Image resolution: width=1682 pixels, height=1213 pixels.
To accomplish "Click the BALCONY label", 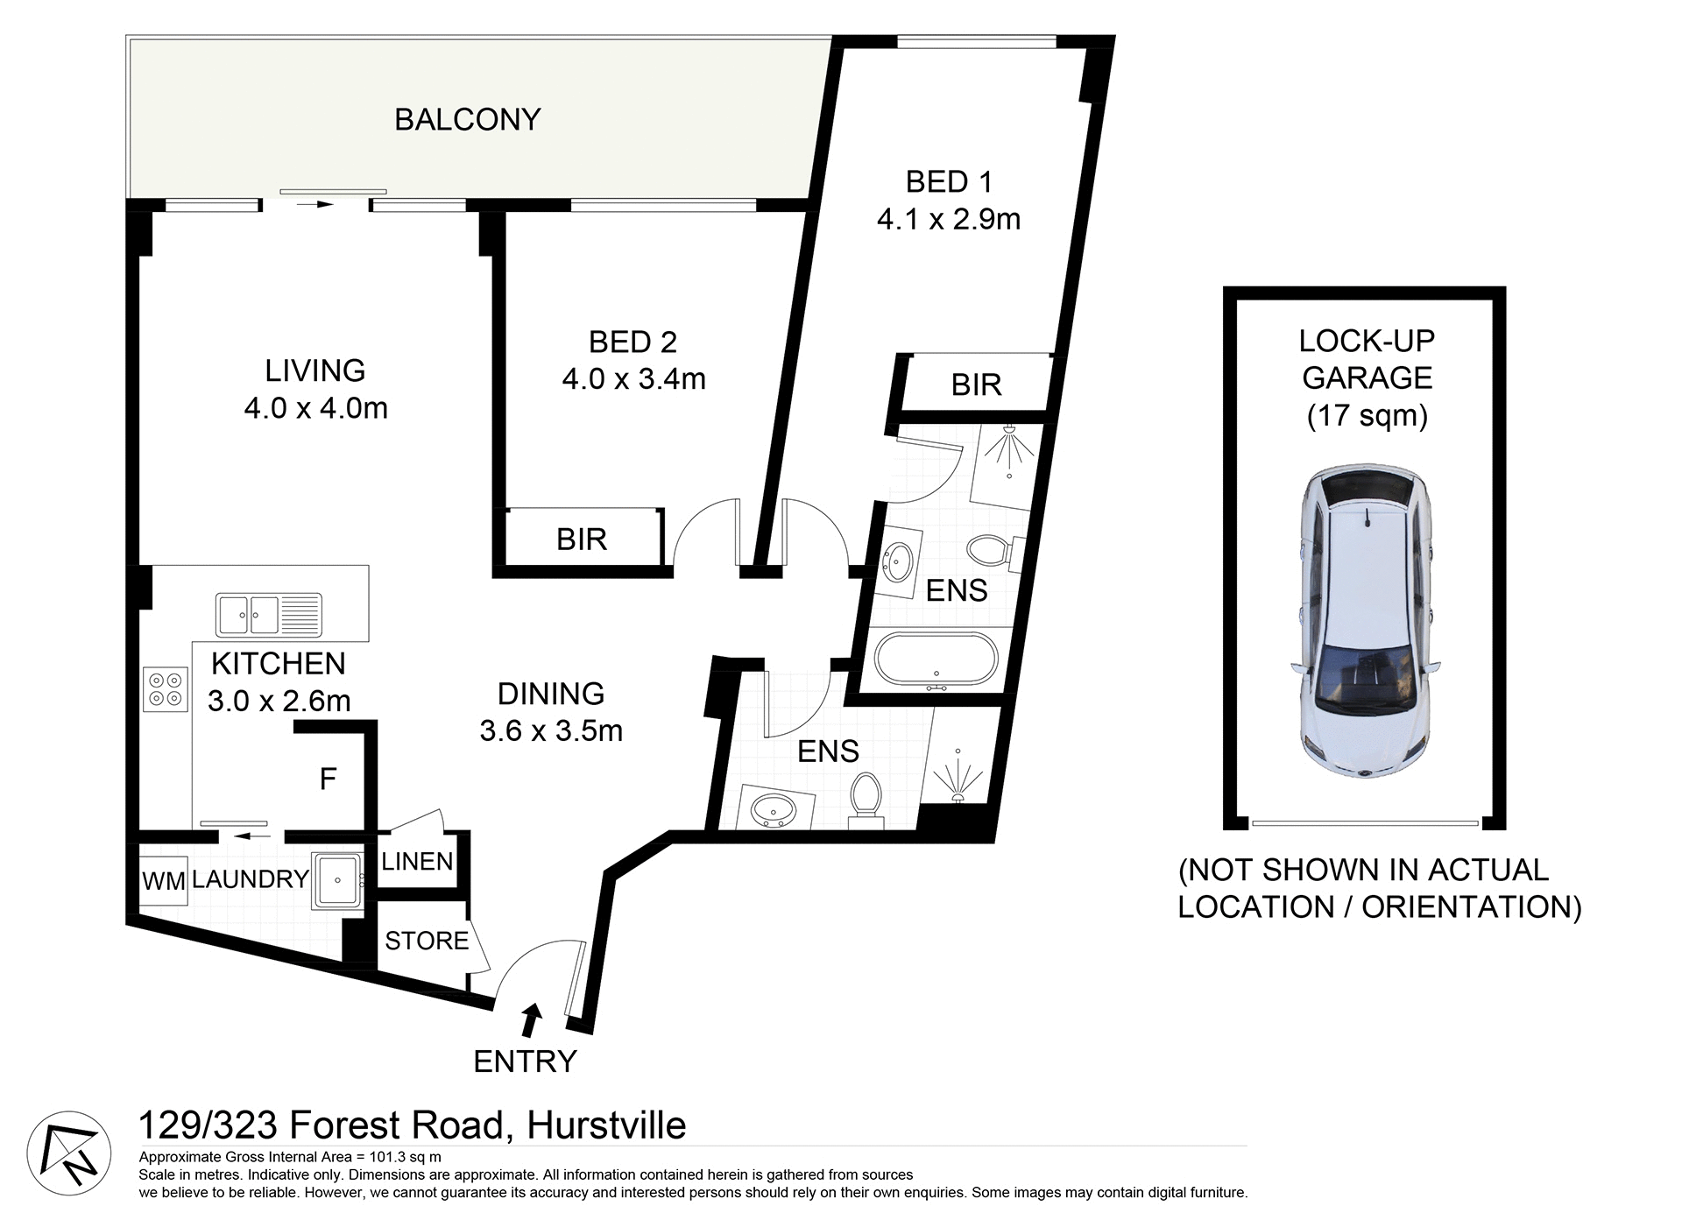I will pos(467,120).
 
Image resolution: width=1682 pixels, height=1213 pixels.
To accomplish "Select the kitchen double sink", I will pos(268,615).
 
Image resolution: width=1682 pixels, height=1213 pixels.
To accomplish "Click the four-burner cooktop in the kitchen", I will pos(166,688).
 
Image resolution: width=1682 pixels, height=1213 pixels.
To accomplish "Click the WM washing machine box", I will pos(164,881).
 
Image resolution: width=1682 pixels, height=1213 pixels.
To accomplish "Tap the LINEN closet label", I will pos(417,862).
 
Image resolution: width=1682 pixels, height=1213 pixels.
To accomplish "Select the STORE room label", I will pos(427,941).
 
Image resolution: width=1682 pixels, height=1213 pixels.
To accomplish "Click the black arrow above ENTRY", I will pos(531,1019).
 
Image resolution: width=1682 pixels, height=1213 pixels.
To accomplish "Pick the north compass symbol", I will pos(68,1153).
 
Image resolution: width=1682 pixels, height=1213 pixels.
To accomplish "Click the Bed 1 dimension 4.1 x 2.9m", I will pos(949,219).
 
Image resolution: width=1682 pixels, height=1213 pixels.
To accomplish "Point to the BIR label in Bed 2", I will pos(581,540).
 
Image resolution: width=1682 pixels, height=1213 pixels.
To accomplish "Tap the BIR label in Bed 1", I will pos(976,385).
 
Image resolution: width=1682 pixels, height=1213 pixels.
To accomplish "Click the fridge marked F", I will pos(329,779).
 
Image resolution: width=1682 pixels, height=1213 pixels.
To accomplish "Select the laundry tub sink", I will pos(337,879).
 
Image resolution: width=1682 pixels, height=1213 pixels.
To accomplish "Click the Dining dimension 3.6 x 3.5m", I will pos(551,730).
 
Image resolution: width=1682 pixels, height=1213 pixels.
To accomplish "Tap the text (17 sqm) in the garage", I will pos(1367,415).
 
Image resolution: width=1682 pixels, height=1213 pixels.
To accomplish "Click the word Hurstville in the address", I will pos(606,1125).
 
